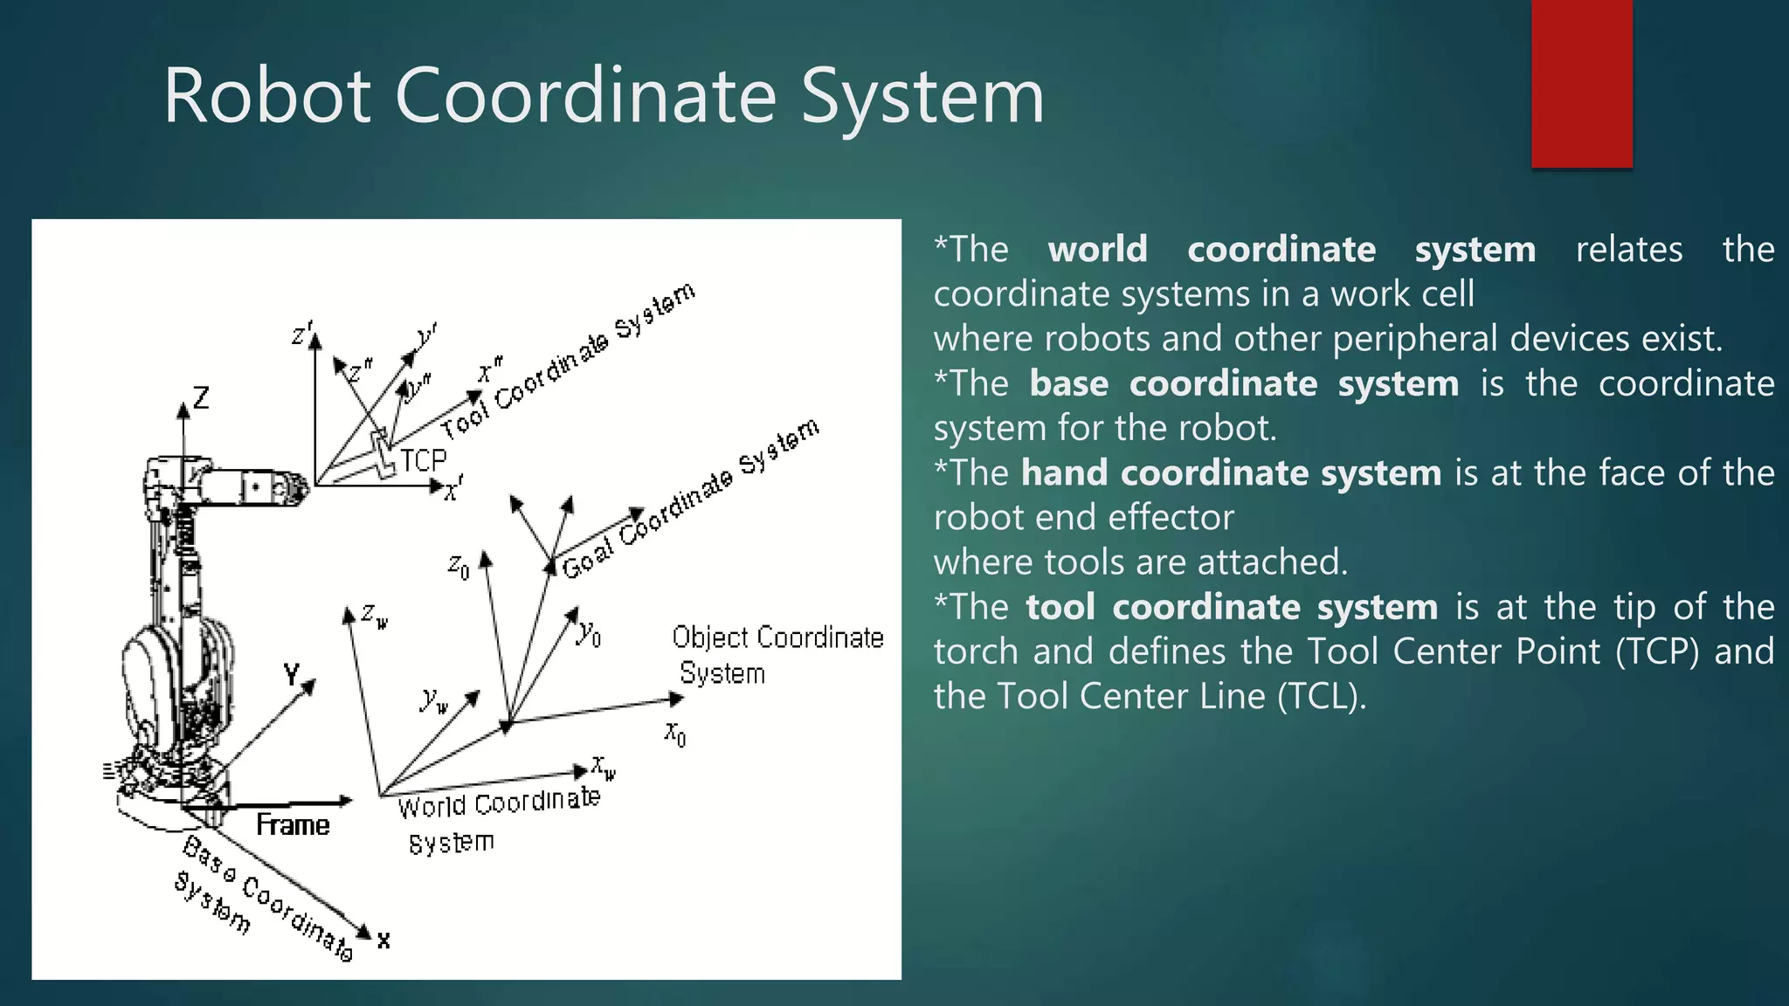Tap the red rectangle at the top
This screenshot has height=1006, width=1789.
click(x=1581, y=83)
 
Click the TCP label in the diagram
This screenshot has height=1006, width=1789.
click(x=424, y=460)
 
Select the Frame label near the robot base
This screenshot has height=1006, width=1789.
click(x=293, y=824)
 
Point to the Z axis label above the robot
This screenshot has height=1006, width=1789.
click(x=202, y=398)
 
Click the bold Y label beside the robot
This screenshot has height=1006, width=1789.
click(x=292, y=674)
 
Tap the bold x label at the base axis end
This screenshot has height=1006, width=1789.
click(x=383, y=941)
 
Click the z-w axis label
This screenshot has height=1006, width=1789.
click(x=374, y=615)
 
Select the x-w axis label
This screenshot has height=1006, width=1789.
click(x=603, y=768)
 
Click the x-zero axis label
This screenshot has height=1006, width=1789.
click(x=675, y=733)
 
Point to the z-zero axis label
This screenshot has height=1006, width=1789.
click(x=458, y=567)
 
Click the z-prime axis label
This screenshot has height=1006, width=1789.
click(x=300, y=334)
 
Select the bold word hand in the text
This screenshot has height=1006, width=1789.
click(x=1068, y=472)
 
